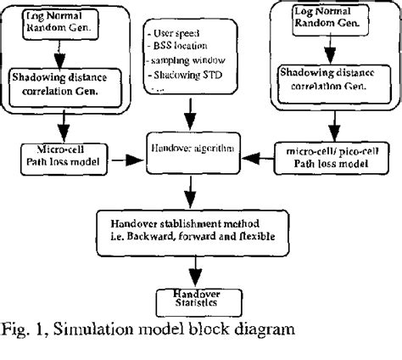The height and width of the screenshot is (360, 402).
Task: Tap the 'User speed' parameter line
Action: [x=179, y=31]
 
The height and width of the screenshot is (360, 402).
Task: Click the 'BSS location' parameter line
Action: [x=186, y=46]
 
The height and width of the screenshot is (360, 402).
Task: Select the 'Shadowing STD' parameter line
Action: [x=188, y=76]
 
